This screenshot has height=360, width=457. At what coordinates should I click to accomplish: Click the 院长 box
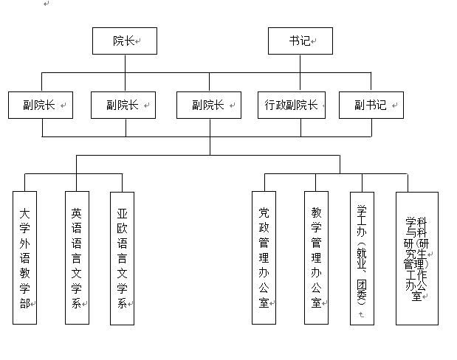pos(125,41)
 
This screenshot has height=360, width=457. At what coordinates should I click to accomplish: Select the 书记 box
pos(300,41)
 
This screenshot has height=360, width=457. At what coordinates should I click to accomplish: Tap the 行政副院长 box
pos(291,105)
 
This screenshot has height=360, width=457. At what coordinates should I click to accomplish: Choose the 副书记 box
pos(371,105)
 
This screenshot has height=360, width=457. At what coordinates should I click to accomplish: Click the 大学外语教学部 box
pos(25,257)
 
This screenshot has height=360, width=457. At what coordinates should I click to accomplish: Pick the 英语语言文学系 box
pos(75,257)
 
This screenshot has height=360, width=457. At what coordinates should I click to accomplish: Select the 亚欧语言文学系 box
pos(122,257)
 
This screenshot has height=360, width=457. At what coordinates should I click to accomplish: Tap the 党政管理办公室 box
pos(264,257)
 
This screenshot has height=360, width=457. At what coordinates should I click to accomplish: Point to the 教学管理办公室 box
pos(316,257)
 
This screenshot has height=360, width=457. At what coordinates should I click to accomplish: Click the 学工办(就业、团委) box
pos(362,257)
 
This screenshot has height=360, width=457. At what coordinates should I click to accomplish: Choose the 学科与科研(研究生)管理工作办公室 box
pos(417,257)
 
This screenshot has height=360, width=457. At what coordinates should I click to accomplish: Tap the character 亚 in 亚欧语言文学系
pos(122,213)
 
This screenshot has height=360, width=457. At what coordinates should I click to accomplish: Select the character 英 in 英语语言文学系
pos(75,213)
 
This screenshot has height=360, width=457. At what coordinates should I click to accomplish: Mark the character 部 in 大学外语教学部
pos(25,302)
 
